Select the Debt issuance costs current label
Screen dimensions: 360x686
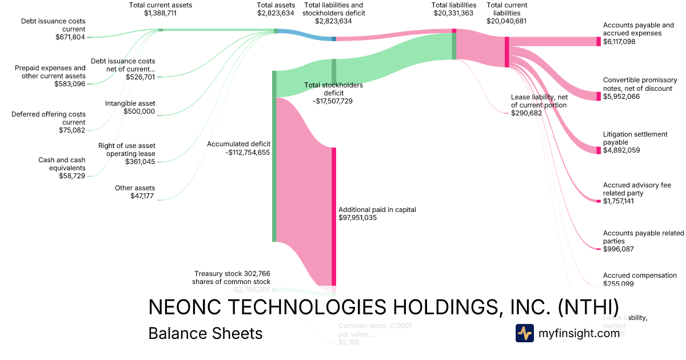coord(53,25)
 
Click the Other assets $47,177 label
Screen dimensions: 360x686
coord(135,192)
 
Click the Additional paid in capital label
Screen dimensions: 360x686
coord(377,210)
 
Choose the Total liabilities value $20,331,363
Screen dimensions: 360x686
coord(454,13)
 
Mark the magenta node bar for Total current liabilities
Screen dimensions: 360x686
coord(506,52)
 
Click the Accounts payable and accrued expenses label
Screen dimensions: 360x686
coord(639,29)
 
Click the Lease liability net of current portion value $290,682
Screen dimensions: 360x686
coord(527,113)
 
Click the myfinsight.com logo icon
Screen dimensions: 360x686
coord(524,333)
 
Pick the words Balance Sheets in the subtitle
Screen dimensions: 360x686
coord(205,333)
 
